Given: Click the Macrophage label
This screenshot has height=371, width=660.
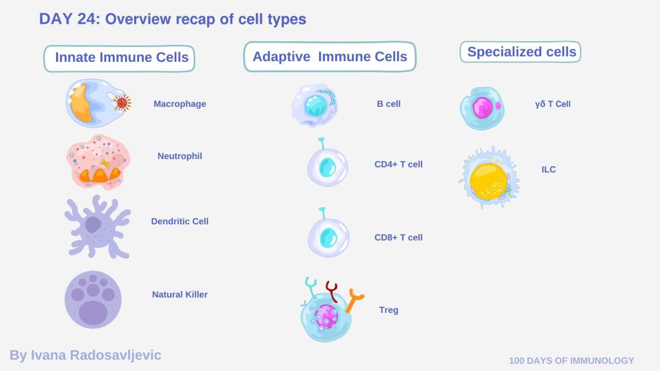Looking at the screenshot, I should (180, 104).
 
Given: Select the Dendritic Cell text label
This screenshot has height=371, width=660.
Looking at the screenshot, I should (180, 222).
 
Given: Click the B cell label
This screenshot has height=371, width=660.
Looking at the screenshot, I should (389, 104).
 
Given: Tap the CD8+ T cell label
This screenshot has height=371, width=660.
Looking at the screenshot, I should (398, 238).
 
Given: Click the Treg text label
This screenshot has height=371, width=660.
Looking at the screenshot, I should (389, 310).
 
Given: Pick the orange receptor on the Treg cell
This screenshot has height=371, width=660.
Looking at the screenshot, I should (354, 300).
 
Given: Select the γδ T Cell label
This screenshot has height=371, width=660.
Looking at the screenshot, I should (552, 104).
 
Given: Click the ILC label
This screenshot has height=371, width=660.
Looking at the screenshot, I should (548, 170).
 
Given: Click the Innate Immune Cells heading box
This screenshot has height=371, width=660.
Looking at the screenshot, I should (119, 57).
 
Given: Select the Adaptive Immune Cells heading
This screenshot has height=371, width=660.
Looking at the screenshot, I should (329, 57).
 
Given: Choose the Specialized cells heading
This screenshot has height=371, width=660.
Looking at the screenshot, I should (521, 52).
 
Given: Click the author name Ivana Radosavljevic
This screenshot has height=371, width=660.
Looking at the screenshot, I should (85, 355).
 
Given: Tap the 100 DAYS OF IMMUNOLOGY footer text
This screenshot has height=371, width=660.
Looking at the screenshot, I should (571, 361).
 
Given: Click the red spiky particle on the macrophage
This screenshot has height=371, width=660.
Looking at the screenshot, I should (122, 102).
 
